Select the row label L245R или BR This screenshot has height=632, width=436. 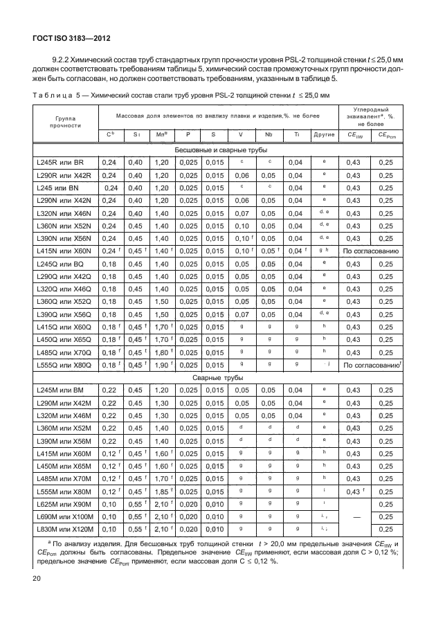[60, 161]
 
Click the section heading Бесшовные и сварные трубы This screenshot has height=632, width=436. [219, 149]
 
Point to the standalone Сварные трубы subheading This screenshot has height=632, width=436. [219, 379]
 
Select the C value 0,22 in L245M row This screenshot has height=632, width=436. [109, 391]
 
